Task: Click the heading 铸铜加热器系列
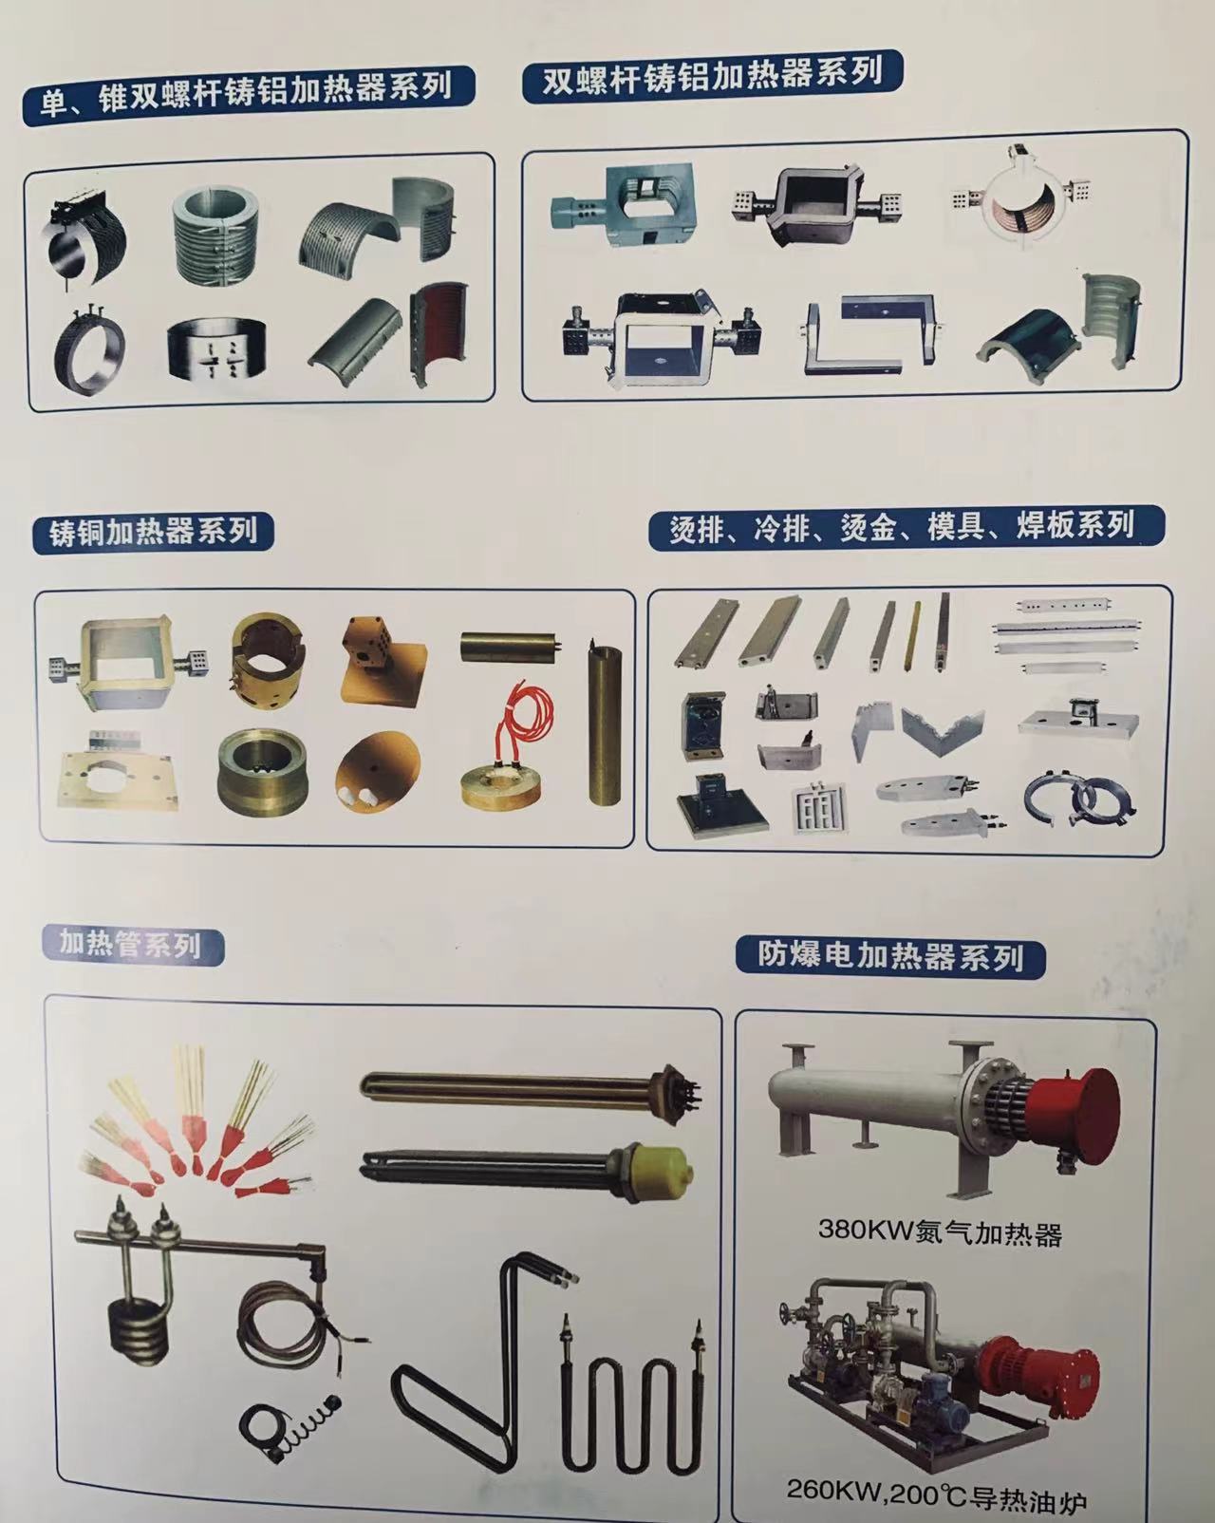[153, 531]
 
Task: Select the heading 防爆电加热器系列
[891, 955]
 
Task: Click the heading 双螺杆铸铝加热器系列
[713, 75]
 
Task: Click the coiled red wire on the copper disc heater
[525, 722]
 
